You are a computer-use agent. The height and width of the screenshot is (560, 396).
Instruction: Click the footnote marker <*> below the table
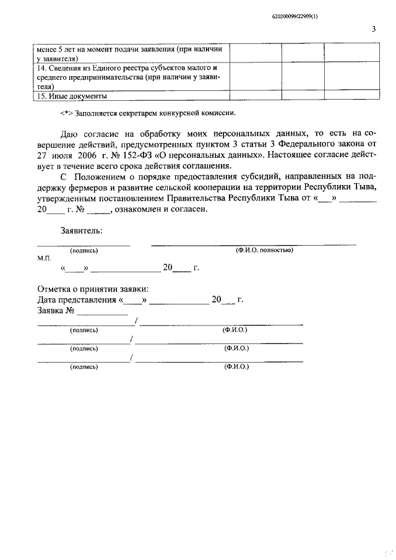pos(67,113)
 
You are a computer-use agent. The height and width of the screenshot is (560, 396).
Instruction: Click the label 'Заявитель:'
pos(81,231)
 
